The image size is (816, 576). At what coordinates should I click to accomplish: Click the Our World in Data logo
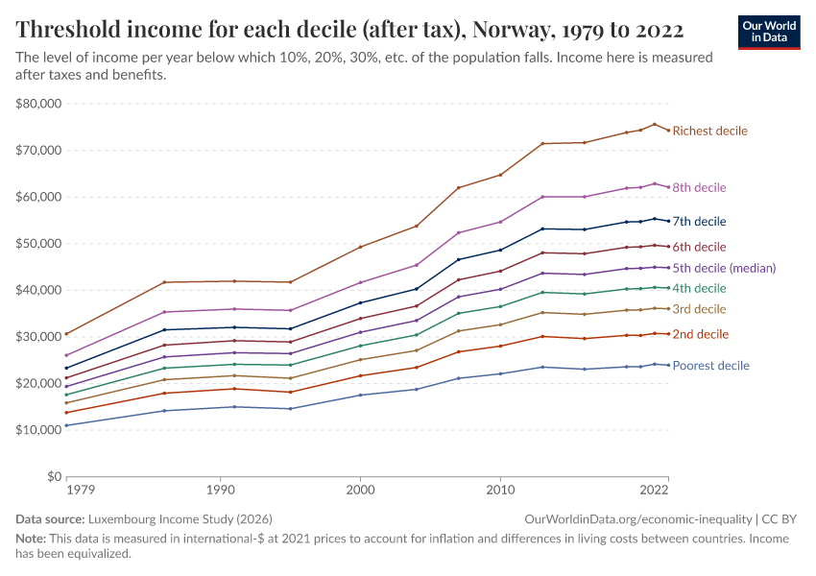(x=768, y=32)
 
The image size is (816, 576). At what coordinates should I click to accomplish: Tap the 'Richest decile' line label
(x=709, y=131)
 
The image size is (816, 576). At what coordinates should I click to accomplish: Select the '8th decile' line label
(x=699, y=187)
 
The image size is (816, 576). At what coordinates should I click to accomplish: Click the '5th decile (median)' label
(x=724, y=268)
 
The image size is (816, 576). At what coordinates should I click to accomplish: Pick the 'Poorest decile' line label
(x=710, y=366)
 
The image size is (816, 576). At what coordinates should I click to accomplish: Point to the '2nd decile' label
(x=700, y=334)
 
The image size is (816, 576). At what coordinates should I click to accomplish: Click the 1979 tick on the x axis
(x=81, y=491)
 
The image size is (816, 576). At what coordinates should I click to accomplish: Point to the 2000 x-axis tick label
(x=360, y=491)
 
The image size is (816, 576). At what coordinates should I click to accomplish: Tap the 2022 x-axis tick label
(x=655, y=491)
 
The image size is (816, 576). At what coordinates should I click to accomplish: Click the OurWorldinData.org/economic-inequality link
(x=637, y=518)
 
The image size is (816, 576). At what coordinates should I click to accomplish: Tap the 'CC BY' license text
(x=781, y=518)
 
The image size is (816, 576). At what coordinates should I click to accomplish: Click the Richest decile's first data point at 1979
(x=65, y=334)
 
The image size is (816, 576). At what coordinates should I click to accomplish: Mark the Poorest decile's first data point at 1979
(x=65, y=425)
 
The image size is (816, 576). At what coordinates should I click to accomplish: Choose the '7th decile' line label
(x=699, y=221)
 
